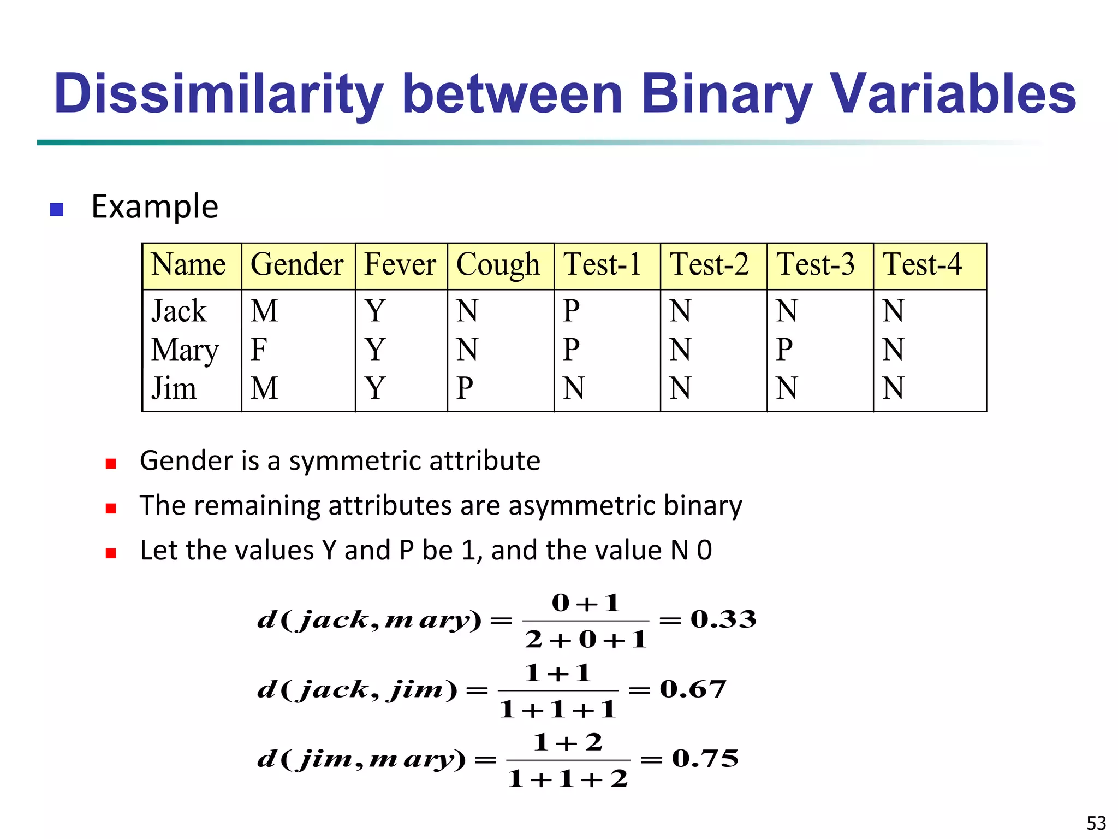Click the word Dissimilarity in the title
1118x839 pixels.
(219, 94)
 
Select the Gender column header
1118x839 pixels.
(297, 265)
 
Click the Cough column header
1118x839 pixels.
(498, 265)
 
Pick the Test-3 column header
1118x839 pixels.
(816, 265)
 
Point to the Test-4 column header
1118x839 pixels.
(922, 265)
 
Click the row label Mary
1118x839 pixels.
(185, 350)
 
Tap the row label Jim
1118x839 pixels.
(174, 388)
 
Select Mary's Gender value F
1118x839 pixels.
(259, 350)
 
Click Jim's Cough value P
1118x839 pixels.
(465, 388)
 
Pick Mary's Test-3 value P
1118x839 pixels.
(784, 350)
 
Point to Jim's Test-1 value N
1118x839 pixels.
(574, 388)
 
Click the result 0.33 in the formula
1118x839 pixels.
(723, 619)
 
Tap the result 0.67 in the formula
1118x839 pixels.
(693, 689)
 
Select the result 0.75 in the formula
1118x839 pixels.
(705, 759)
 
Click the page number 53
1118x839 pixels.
(1096, 823)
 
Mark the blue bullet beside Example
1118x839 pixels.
(57, 210)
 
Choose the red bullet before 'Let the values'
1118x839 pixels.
(111, 553)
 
